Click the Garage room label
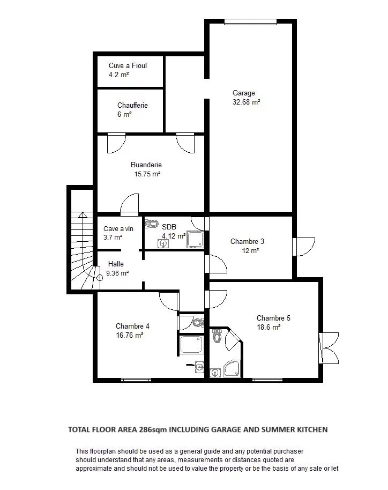[x=244, y=93]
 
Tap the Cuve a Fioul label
[x=128, y=65]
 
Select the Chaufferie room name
[x=132, y=105]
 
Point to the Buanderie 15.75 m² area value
[x=147, y=174]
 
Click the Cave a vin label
[x=118, y=229]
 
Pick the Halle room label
[x=116, y=264]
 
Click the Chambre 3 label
[x=247, y=242]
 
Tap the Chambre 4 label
[x=132, y=326]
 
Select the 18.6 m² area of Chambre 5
[x=268, y=327]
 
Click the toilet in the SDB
[x=152, y=224]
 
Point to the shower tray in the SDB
[x=195, y=240]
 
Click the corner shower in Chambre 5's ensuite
[x=231, y=368]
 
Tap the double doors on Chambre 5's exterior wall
[x=329, y=348]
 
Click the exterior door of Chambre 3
[x=304, y=247]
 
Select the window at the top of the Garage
[x=251, y=22]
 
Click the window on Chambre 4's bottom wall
[x=136, y=380]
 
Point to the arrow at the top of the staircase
[x=83, y=215]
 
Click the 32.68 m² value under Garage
[x=247, y=102]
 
